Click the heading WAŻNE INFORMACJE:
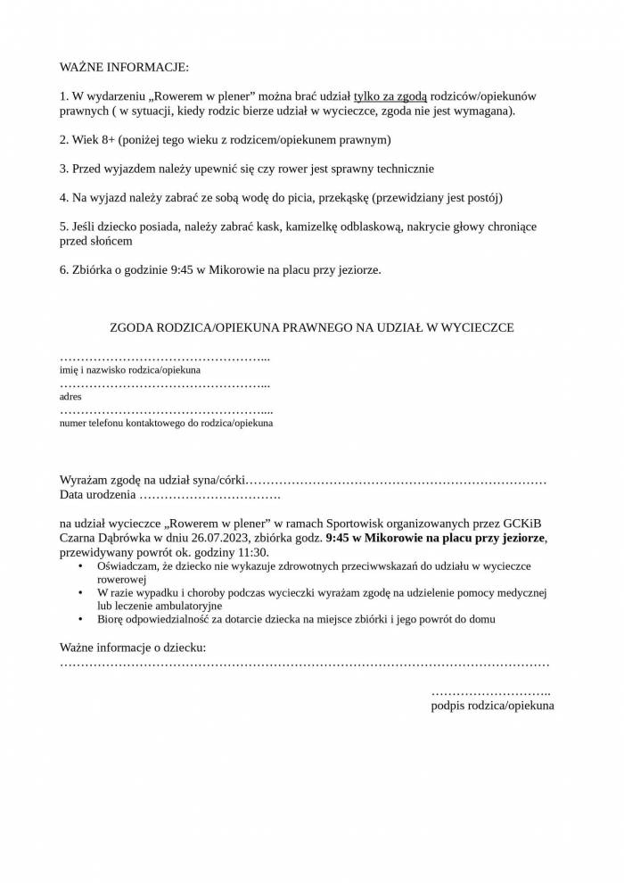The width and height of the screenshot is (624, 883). [124, 68]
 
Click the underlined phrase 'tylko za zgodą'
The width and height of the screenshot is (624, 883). [390, 95]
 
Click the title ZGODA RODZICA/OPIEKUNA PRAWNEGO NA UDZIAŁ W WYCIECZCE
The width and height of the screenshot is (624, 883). [311, 327]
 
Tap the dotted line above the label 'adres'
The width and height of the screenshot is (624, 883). [165, 384]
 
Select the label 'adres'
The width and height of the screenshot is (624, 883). [70, 396]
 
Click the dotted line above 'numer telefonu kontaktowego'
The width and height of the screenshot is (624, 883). [166, 411]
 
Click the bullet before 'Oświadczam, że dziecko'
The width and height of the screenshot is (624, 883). [81, 565]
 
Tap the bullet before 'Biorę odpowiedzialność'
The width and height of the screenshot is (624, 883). [81, 619]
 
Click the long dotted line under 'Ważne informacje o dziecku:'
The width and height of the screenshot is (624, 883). [304, 664]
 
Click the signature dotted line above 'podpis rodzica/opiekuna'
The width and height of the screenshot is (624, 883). [490, 692]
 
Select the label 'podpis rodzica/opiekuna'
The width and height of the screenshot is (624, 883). [492, 706]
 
